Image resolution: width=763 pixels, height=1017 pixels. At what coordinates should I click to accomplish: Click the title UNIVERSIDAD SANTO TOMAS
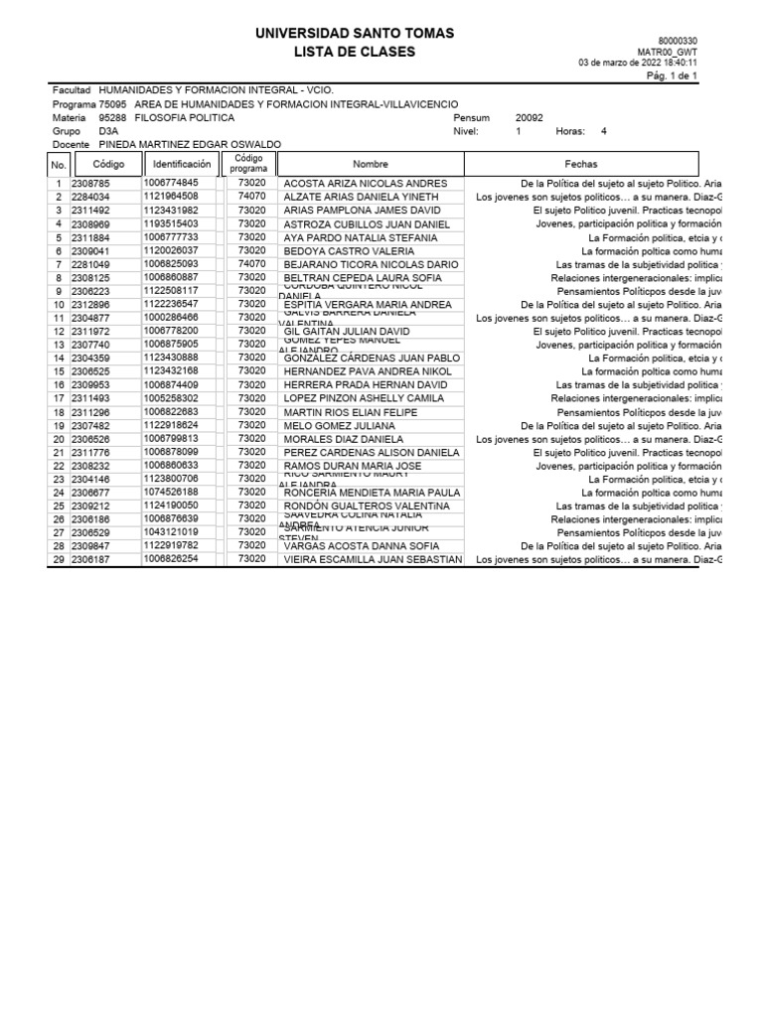pyautogui.click(x=355, y=34)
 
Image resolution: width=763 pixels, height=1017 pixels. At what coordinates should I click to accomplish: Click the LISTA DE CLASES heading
pyautogui.click(x=355, y=52)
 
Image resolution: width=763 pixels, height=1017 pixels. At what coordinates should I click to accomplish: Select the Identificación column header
pyautogui.click(x=182, y=164)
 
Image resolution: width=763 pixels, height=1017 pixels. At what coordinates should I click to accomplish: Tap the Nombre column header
pyautogui.click(x=371, y=164)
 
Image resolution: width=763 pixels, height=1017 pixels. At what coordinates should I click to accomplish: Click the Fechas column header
pyautogui.click(x=581, y=164)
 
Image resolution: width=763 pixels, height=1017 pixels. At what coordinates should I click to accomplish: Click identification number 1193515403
pyautogui.click(x=171, y=224)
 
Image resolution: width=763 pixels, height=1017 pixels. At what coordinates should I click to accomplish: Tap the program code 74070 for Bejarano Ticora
pyautogui.click(x=252, y=264)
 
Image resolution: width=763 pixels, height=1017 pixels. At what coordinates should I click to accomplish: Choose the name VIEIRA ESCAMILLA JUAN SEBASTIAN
pyautogui.click(x=360, y=560)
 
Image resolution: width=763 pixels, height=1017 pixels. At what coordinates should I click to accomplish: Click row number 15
pyautogui.click(x=59, y=371)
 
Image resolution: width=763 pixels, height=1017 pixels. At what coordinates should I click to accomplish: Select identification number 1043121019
pyautogui.click(x=171, y=532)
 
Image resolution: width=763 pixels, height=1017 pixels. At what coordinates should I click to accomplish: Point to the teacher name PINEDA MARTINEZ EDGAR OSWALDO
pyautogui.click(x=190, y=144)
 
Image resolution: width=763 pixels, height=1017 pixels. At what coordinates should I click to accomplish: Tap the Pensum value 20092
pyautogui.click(x=530, y=117)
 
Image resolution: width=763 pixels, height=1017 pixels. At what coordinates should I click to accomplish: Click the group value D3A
pyautogui.click(x=108, y=131)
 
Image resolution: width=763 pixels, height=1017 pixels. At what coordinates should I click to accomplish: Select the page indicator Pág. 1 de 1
pyautogui.click(x=673, y=75)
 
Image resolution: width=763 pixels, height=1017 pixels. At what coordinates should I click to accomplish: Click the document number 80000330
pyautogui.click(x=679, y=40)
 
